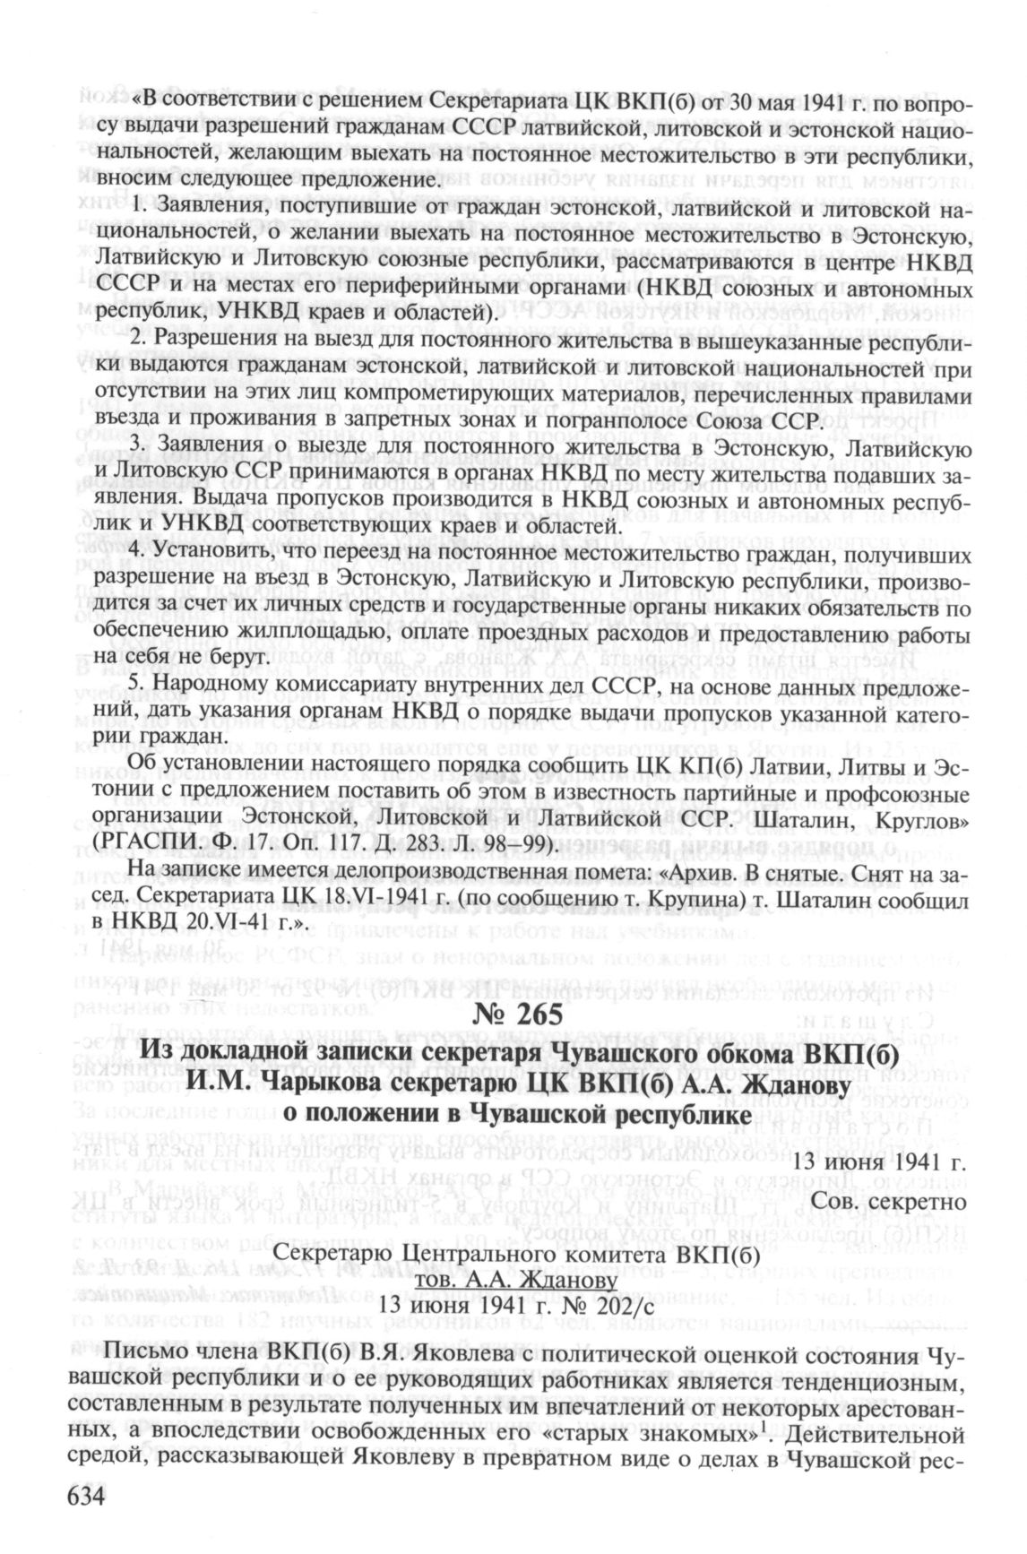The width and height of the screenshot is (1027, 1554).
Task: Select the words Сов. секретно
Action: click(888, 1201)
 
